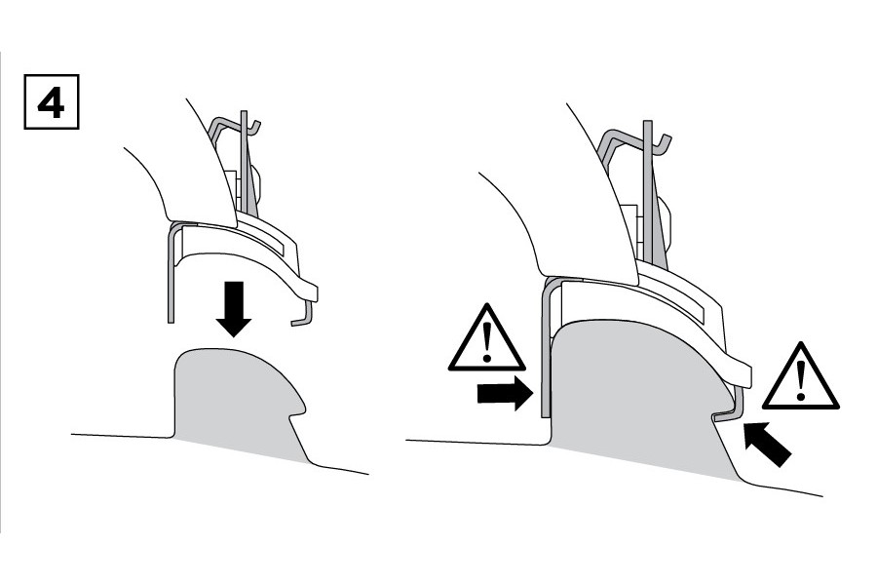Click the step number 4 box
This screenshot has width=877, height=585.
pos(52,101)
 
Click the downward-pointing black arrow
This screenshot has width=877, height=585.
pos(233,309)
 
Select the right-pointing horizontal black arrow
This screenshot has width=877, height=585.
pos(505,393)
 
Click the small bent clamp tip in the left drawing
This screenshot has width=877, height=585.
pos(302,314)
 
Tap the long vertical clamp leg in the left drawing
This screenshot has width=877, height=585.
pos(172,273)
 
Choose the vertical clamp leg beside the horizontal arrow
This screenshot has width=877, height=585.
pos(545,347)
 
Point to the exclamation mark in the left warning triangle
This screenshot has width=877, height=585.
pos(488,342)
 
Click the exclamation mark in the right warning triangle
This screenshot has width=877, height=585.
pos(801,380)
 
